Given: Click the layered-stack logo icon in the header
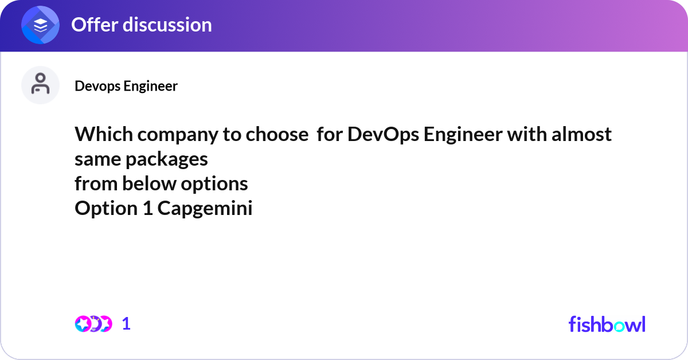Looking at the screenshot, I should [41, 25].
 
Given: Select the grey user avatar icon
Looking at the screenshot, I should [40, 85].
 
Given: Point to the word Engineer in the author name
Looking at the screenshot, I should [151, 86].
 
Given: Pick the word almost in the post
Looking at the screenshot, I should [581, 134].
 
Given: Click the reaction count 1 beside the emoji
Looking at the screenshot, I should [126, 324].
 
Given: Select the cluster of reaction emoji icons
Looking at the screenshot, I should [93, 324].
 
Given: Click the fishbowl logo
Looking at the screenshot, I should [607, 324].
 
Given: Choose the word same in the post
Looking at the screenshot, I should [96, 159].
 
